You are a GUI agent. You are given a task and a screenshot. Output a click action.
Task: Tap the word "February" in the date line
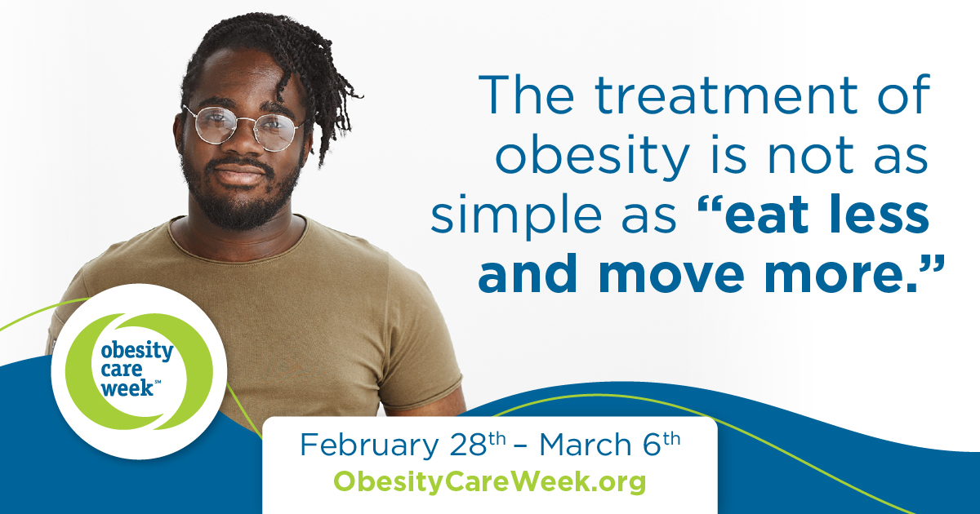click(x=369, y=445)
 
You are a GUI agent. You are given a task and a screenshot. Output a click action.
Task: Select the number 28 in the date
click(x=469, y=445)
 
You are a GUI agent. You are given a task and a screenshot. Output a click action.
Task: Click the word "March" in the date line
click(x=585, y=444)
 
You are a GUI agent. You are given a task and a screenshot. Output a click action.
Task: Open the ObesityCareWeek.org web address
click(x=489, y=481)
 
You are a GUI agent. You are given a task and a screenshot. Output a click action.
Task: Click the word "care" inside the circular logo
click(x=121, y=370)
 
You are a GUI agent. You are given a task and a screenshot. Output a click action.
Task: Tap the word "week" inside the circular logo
click(x=127, y=388)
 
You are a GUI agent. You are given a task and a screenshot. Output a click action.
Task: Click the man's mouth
click(x=238, y=175)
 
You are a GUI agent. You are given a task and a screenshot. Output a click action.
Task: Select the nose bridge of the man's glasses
click(x=245, y=122)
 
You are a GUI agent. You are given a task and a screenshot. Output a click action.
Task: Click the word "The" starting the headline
click(x=526, y=95)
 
